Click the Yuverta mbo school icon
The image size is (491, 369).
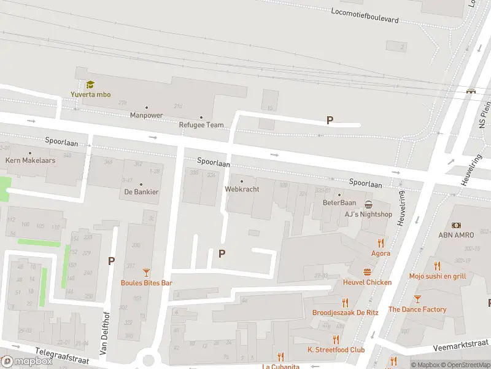point(90,85)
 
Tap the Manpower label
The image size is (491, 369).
point(146,115)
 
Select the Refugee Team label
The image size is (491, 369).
point(201,125)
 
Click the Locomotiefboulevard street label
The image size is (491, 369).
point(365,15)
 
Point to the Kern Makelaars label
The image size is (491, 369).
point(30,160)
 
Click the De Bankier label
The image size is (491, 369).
point(141,192)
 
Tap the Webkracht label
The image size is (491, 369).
point(242,189)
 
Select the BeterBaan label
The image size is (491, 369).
point(339,202)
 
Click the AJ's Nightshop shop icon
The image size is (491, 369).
point(368,204)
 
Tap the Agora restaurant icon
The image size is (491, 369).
point(381,242)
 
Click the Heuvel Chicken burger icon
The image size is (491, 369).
point(367,272)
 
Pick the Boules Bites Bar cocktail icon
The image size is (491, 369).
point(146,272)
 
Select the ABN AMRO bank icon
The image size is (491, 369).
point(457,226)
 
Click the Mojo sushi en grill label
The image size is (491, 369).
point(437,277)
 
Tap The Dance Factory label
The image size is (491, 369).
point(417,309)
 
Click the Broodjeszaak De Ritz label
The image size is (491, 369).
point(345,312)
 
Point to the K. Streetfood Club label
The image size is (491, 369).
point(336,350)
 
